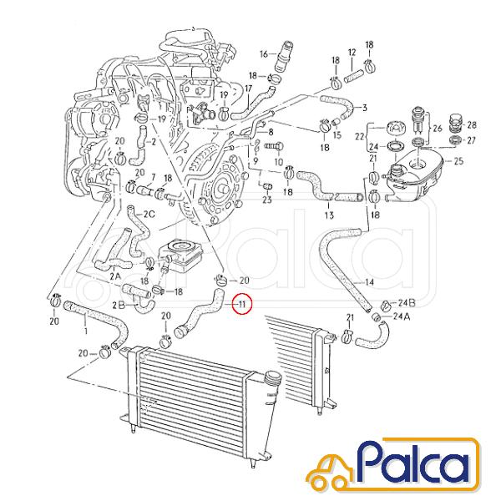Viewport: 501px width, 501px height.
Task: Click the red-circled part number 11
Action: click(242, 304)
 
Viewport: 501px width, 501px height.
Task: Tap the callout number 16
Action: click(264, 53)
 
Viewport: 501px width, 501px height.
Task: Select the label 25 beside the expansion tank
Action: click(458, 160)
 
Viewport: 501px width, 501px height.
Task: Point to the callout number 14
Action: click(369, 282)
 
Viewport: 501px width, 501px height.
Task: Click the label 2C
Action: click(149, 214)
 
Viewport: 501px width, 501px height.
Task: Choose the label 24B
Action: click(407, 302)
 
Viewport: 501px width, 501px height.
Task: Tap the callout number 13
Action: click(329, 215)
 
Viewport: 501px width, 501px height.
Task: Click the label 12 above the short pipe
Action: click(352, 53)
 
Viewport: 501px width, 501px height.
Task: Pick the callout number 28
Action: click(472, 125)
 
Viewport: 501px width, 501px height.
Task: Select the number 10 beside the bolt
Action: click(279, 162)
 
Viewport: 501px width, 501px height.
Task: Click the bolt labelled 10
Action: click(274, 147)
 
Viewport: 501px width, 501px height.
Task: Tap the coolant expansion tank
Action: click(415, 179)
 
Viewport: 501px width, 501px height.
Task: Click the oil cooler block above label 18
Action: click(179, 256)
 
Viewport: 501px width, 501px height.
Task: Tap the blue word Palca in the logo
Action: click(415, 463)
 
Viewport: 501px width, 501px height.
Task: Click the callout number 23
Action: click(267, 200)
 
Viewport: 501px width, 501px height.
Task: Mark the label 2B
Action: click(119, 306)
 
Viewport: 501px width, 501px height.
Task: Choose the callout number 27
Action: click(471, 140)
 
